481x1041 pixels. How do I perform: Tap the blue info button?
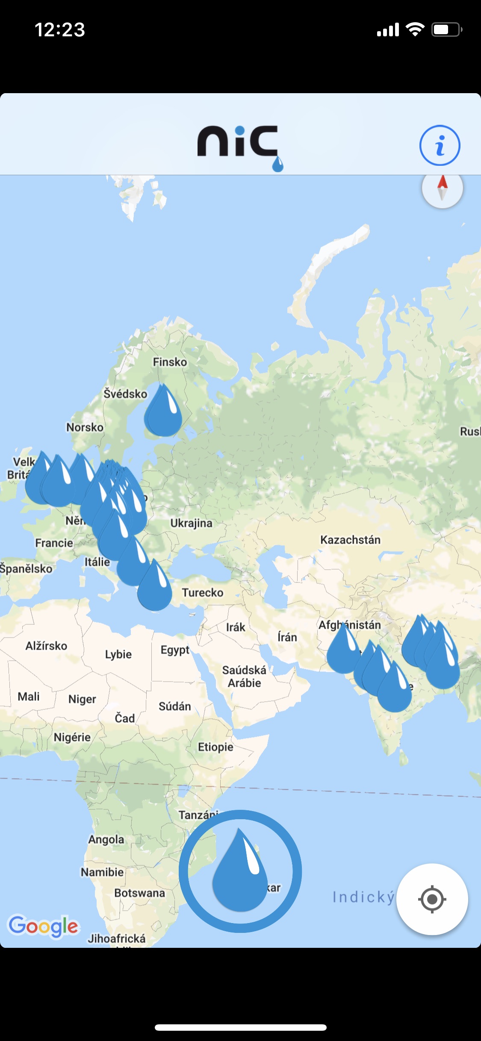point(440,145)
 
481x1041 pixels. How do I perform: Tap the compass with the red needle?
point(442,188)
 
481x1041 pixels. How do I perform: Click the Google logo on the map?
point(44,926)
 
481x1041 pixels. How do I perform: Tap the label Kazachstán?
point(350,540)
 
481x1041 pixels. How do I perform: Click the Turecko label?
point(203,593)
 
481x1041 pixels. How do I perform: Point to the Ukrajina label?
point(191,523)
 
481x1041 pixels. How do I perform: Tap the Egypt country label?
point(175,650)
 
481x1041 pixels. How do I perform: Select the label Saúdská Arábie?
point(244,676)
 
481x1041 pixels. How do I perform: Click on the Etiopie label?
point(215,747)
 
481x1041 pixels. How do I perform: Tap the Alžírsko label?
point(46,646)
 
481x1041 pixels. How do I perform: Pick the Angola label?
point(106,839)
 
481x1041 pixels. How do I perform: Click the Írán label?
point(287,637)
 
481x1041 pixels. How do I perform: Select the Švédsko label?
point(125,394)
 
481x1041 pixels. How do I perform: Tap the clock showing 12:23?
point(60,29)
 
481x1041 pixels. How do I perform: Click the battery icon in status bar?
point(446,29)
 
